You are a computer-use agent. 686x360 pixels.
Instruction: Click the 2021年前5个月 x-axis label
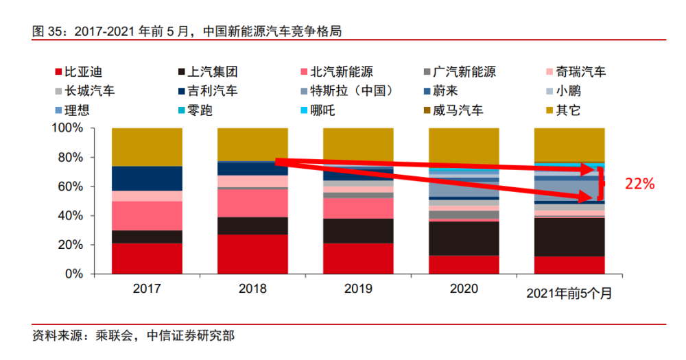click(x=569, y=293)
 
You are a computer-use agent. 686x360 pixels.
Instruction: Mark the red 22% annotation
click(x=639, y=183)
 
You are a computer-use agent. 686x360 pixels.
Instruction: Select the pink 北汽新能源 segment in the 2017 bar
click(x=147, y=216)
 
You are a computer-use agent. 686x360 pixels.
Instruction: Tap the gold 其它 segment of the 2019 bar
click(x=358, y=144)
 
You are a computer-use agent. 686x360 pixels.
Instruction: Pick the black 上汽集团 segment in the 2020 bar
click(x=464, y=239)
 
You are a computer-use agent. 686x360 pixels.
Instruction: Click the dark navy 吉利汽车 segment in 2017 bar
click(x=147, y=178)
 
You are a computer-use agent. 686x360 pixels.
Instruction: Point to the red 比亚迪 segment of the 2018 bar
click(x=252, y=254)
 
